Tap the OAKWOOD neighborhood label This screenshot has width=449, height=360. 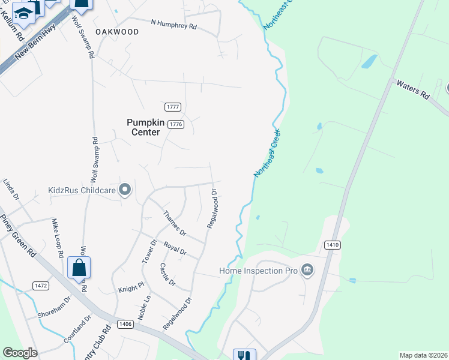[116, 32]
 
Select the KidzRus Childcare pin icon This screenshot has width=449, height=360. [125, 190]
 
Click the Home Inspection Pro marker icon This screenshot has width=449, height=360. [308, 270]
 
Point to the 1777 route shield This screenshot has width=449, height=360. [173, 107]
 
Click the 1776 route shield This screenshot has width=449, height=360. [175, 124]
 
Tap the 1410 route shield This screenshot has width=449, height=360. [332, 245]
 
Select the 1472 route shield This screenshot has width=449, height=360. [41, 286]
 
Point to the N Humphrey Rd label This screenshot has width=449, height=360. [173, 25]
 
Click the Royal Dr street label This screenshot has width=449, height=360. [175, 248]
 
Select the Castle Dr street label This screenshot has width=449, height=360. [167, 274]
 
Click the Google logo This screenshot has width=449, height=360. [20, 353]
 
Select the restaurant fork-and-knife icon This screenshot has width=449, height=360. [244, 355]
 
